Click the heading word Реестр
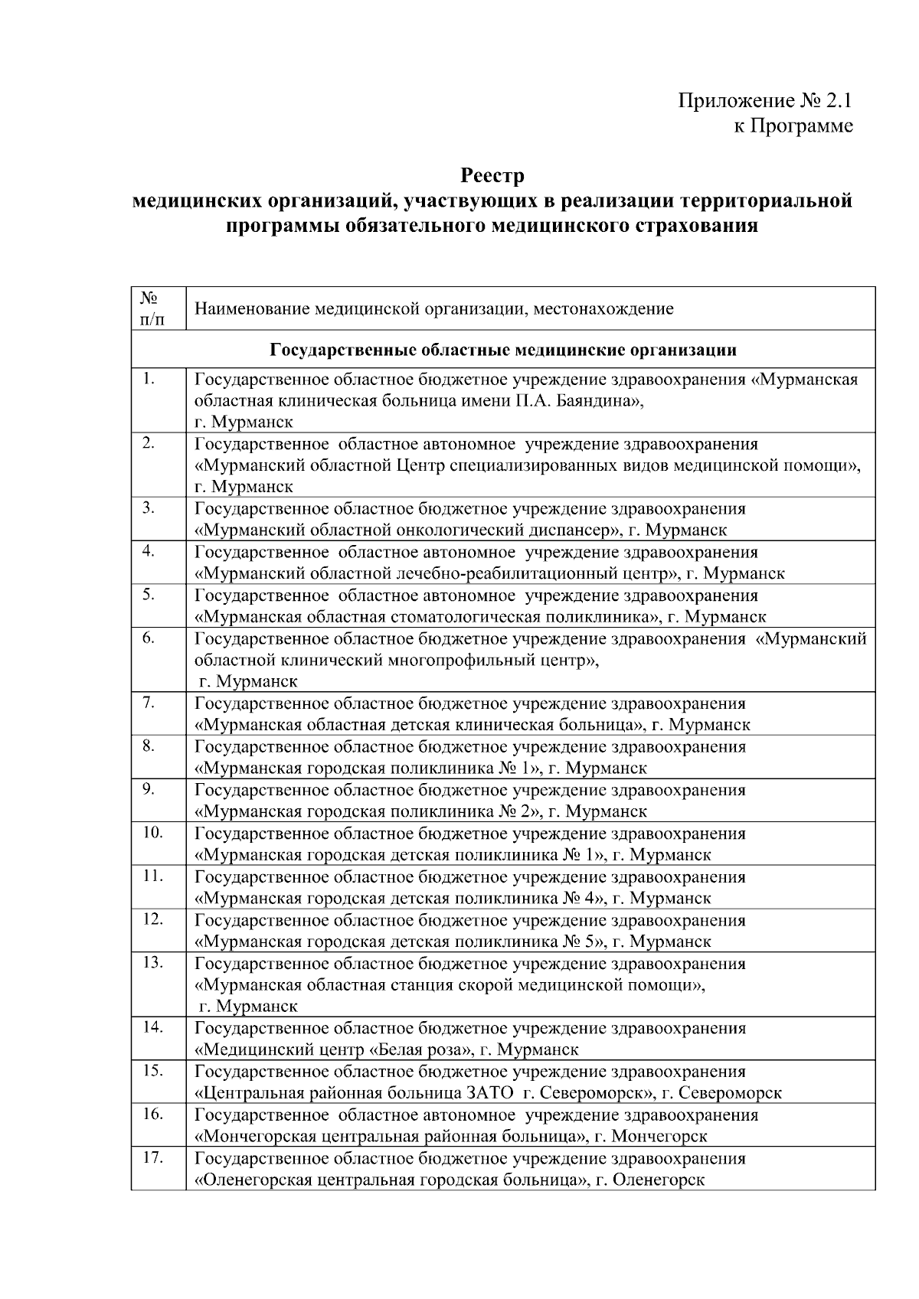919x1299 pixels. (492, 176)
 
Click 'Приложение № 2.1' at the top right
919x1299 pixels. (765, 101)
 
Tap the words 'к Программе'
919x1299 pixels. (793, 126)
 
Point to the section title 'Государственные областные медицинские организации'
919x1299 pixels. (503, 351)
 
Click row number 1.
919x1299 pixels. (149, 379)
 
